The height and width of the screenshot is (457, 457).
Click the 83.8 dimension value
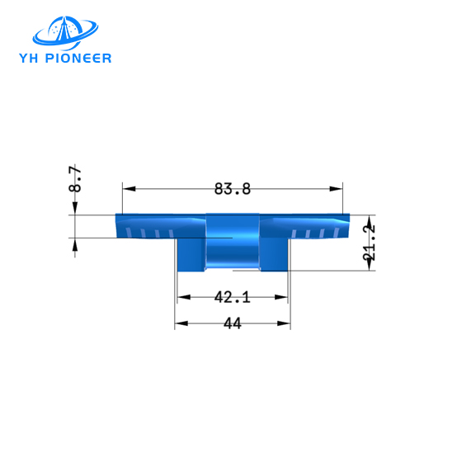232,189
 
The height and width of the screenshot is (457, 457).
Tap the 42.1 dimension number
232,297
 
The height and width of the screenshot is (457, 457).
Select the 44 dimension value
232,325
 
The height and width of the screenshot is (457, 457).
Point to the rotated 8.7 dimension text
75,179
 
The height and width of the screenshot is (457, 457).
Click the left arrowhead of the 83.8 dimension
127,189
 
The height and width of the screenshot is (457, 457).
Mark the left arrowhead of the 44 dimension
179,324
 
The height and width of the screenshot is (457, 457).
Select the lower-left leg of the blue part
189,254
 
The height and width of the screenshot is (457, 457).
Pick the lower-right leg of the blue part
275,254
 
